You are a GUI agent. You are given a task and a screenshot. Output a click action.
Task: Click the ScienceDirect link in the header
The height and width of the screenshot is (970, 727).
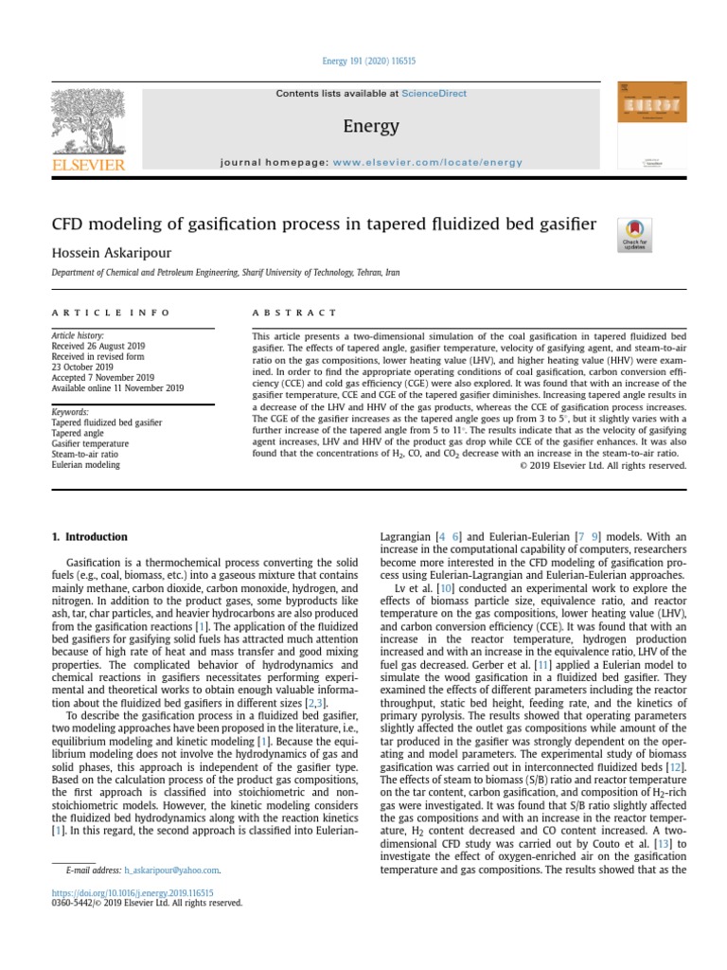click(434, 94)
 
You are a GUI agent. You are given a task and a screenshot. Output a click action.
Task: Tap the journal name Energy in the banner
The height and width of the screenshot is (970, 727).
click(370, 127)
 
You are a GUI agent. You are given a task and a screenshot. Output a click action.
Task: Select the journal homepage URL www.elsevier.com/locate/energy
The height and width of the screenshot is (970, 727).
click(427, 162)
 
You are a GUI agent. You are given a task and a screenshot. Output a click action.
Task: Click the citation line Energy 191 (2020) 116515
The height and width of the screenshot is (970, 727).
click(370, 61)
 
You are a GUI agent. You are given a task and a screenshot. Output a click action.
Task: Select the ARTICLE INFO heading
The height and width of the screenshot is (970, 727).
click(111, 312)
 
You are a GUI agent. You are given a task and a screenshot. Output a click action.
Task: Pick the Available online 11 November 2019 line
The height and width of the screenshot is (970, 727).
click(118, 388)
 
